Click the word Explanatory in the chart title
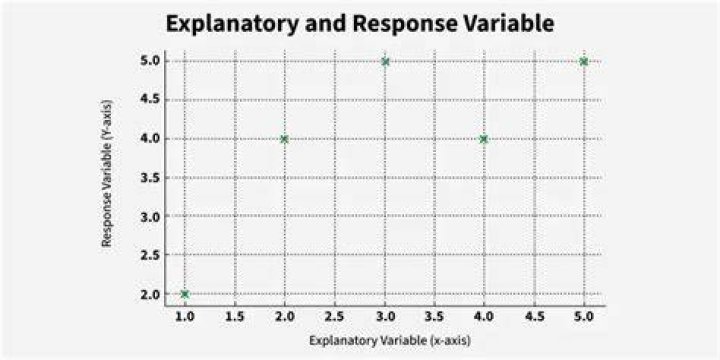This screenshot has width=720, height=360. click(x=231, y=24)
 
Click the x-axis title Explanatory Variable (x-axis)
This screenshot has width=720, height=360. click(x=390, y=341)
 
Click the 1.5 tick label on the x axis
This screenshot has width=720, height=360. click(x=235, y=316)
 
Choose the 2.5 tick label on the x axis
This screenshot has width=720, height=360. click(x=334, y=316)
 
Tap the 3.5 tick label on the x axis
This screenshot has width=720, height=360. click(x=434, y=316)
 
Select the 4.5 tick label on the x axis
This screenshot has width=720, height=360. click(x=534, y=316)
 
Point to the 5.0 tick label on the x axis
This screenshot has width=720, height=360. click(x=584, y=316)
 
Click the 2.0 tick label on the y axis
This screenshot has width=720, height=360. click(x=150, y=294)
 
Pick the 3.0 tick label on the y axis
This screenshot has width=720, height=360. click(x=150, y=216)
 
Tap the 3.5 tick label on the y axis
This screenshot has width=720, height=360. click(x=150, y=177)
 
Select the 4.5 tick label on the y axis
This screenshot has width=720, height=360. click(x=150, y=100)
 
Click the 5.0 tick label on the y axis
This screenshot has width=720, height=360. click(x=150, y=61)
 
